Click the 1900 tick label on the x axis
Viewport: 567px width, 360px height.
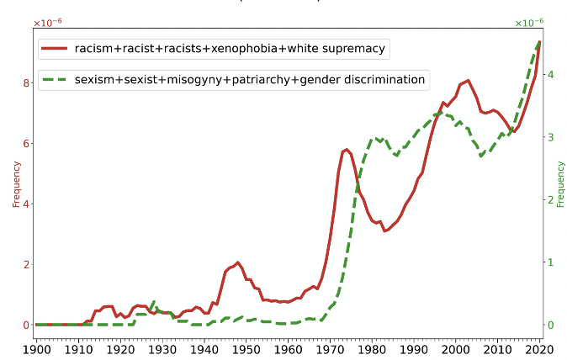point(37,348)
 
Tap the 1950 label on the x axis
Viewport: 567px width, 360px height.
point(246,348)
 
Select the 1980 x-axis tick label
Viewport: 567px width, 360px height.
point(372,348)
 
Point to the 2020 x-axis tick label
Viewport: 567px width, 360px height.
point(539,348)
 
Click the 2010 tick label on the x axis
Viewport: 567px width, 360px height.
point(497,348)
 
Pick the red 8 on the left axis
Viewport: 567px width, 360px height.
point(26,82)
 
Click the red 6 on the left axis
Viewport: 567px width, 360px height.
point(26,143)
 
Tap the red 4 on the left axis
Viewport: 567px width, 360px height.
point(26,204)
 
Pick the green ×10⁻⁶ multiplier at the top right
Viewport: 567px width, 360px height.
point(528,23)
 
